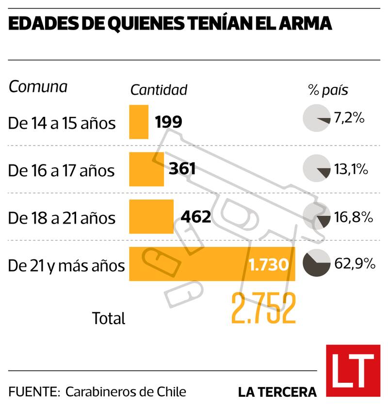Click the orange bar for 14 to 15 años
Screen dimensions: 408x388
tap(139, 122)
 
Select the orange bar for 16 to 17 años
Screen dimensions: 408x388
tap(146, 169)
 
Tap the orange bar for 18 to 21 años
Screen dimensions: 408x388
tap(151, 216)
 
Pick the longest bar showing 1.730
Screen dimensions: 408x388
tap(212, 263)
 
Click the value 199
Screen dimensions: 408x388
tap(169, 122)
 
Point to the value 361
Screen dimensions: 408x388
tap(182, 169)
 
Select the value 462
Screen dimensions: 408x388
tap(195, 216)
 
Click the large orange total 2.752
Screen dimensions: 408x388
tap(263, 309)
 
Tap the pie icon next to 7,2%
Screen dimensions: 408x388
tap(315, 118)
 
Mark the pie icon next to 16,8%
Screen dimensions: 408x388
tap(315, 217)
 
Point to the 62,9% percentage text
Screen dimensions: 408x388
tap(355, 264)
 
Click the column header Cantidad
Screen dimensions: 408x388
tap(159, 90)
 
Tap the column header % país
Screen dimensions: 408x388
tap(328, 90)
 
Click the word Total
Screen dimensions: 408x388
tap(109, 318)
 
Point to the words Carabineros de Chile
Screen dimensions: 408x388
tap(126, 392)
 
